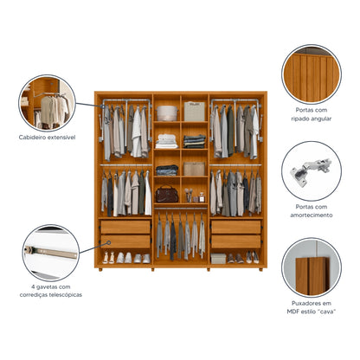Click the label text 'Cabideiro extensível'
[47, 137]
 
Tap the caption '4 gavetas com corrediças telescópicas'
[49, 290]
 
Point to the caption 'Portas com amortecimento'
[311, 209]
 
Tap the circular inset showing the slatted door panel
[311, 74]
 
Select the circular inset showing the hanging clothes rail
[47, 103]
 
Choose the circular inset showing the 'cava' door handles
[311, 267]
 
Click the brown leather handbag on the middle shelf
[165, 194]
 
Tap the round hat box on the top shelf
[167, 112]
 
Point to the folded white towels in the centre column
[167, 139]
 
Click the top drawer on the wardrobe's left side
[125, 227]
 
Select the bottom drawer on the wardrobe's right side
[235, 241]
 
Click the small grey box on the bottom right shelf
[219, 258]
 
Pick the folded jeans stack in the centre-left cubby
[167, 170]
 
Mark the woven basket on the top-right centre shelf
[195, 112]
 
